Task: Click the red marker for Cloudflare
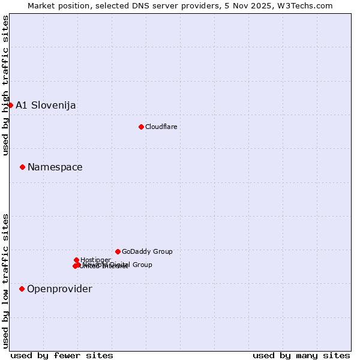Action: [x=141, y=127]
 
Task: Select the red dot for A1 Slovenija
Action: [x=10, y=105]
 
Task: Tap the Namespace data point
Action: [x=22, y=167]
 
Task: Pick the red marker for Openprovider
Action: [x=22, y=289]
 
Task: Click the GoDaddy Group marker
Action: [x=118, y=251]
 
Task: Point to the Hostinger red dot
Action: [x=76, y=260]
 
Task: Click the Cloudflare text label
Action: [x=161, y=127]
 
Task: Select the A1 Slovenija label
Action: [x=46, y=106]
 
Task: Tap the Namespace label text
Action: [x=55, y=167]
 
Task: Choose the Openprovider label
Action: [x=59, y=289]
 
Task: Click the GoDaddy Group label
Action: [x=147, y=252]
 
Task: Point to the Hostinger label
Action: [x=96, y=260]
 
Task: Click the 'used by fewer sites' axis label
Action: [x=62, y=356]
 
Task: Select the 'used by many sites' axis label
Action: [x=301, y=356]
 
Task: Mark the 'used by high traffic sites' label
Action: [x=6, y=85]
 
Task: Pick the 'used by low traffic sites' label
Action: [x=6, y=281]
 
